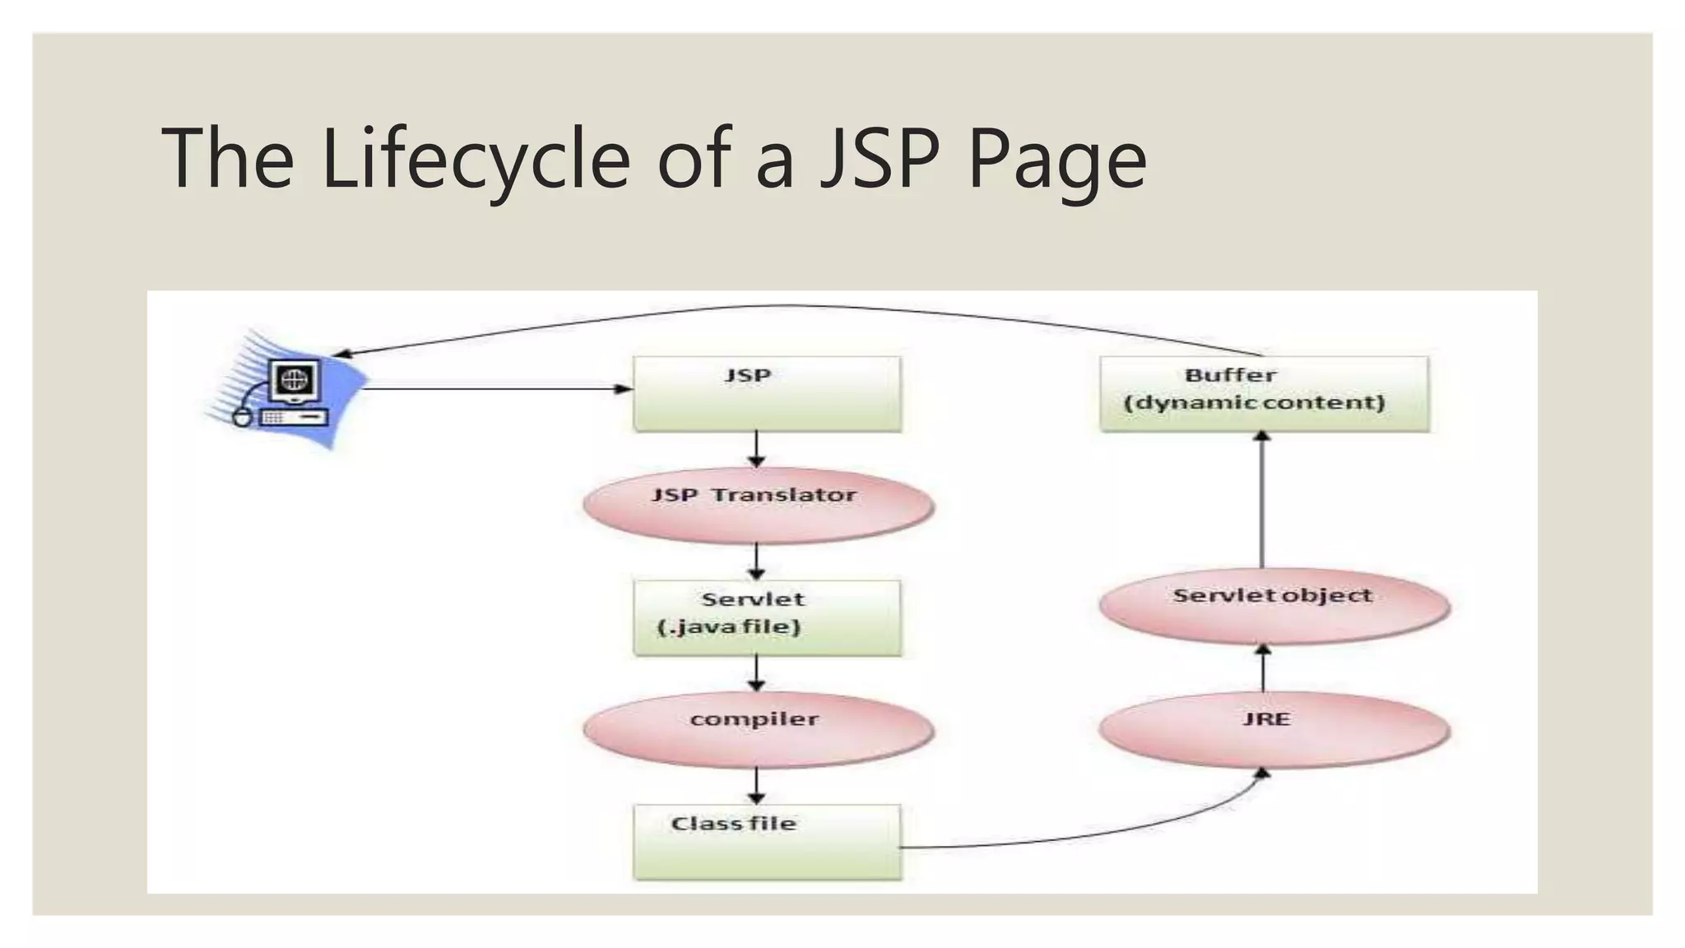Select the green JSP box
pos(767,393)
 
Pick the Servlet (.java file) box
pos(767,617)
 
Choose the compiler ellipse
pos(758,728)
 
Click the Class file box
pos(767,841)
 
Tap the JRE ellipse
pos(1274,728)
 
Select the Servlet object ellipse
pos(1274,605)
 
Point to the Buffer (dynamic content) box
pos(1264,393)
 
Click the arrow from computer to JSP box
pos(494,388)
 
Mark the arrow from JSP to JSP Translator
pos(757,449)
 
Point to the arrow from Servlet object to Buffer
pos(1262,502)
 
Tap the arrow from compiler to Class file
pos(757,786)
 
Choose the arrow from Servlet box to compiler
pos(757,673)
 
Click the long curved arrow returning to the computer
pos(782,307)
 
